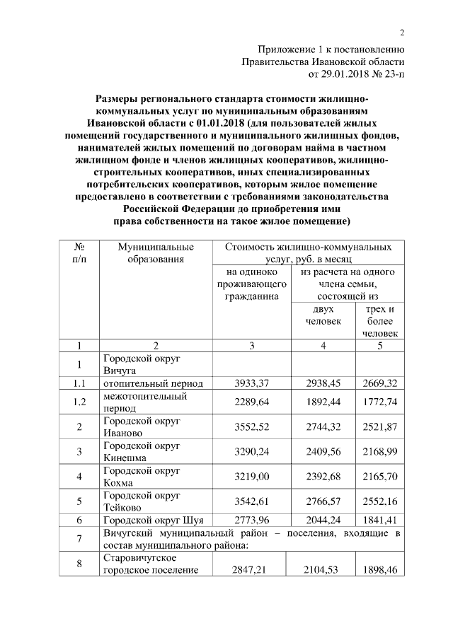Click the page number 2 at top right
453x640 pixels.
[x=401, y=33]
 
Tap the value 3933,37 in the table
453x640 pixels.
[x=253, y=383]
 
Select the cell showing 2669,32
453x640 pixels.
[x=381, y=383]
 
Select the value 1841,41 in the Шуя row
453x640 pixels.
[x=381, y=520]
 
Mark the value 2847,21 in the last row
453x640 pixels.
[x=253, y=569]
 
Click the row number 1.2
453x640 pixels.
[x=80, y=403]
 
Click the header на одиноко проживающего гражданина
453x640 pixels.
[x=253, y=285]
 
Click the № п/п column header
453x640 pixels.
[x=80, y=253]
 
